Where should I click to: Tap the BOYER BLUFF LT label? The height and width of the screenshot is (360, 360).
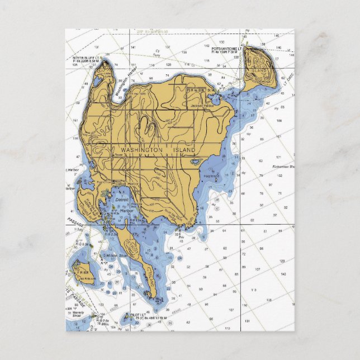point(87,58)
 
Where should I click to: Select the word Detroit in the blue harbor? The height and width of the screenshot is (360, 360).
point(121,198)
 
